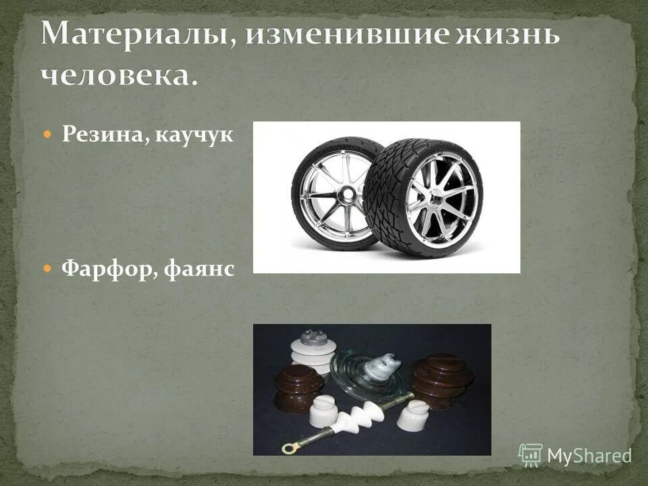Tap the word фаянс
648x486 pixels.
coord(200,269)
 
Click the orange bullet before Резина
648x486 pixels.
coord(47,134)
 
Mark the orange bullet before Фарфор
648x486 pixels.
coord(47,269)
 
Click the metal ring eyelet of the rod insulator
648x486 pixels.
coord(292,446)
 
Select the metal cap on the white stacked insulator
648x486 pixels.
coord(312,338)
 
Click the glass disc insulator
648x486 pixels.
coord(364,371)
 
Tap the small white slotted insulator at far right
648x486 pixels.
coord(412,414)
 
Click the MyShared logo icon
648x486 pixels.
coord(531,455)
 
